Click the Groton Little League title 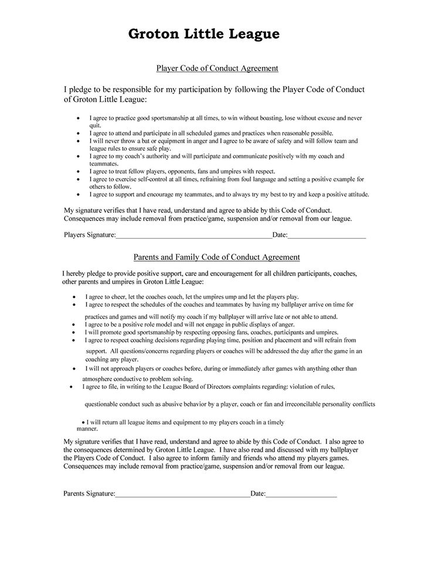pos(204,34)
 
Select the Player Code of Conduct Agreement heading pos(217,69)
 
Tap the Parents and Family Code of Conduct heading pos(217,257)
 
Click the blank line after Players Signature pos(193,236)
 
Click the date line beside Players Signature pos(327,236)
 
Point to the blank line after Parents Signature pos(183,494)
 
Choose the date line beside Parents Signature pos(301,494)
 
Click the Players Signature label pos(89,236)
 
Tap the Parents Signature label pos(89,494)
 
